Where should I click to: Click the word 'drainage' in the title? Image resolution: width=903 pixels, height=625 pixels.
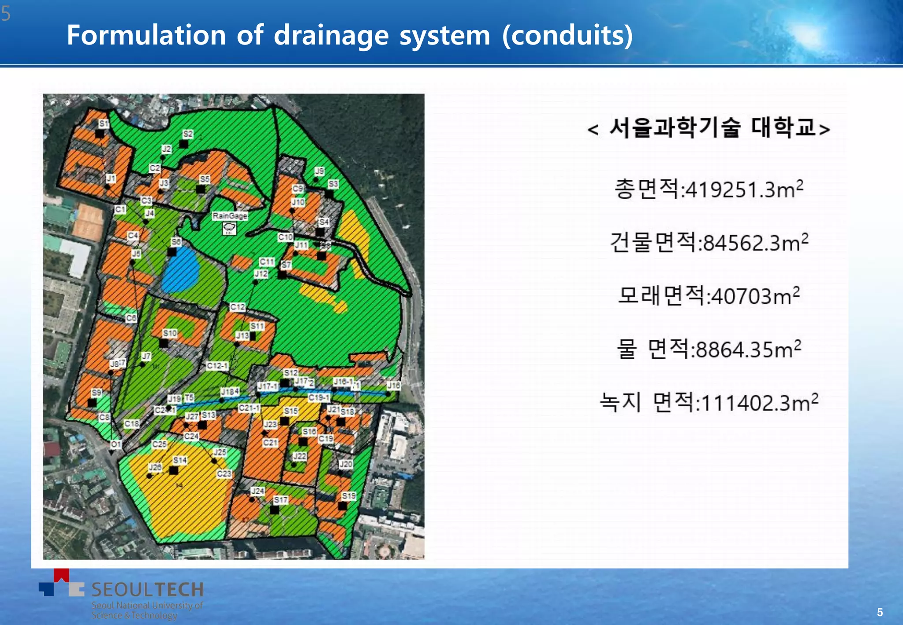click(331, 35)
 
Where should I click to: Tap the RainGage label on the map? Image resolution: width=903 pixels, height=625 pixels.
click(230, 216)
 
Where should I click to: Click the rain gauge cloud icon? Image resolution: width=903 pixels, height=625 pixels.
click(229, 228)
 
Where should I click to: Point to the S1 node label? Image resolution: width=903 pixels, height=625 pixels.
click(104, 123)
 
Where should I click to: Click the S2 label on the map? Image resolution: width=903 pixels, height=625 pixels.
click(188, 134)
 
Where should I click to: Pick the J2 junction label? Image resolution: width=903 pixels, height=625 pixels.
click(166, 149)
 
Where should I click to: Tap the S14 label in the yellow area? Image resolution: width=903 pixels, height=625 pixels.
click(180, 460)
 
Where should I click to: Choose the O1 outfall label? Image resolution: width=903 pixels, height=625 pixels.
click(116, 444)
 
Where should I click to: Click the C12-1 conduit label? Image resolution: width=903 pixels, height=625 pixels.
click(217, 365)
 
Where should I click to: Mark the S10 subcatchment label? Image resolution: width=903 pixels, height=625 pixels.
click(170, 333)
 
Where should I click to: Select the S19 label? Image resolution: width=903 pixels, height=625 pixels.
click(348, 496)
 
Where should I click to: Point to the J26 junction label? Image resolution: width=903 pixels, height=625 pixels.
click(155, 467)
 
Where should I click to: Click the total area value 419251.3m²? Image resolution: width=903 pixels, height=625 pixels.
click(744, 190)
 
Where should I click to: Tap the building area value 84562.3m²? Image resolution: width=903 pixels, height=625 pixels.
click(756, 243)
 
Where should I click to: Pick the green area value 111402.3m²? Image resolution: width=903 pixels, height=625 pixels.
click(760, 403)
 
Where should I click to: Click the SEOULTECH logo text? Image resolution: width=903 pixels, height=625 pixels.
click(147, 589)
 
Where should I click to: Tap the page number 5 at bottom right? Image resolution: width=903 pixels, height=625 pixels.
click(880, 612)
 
